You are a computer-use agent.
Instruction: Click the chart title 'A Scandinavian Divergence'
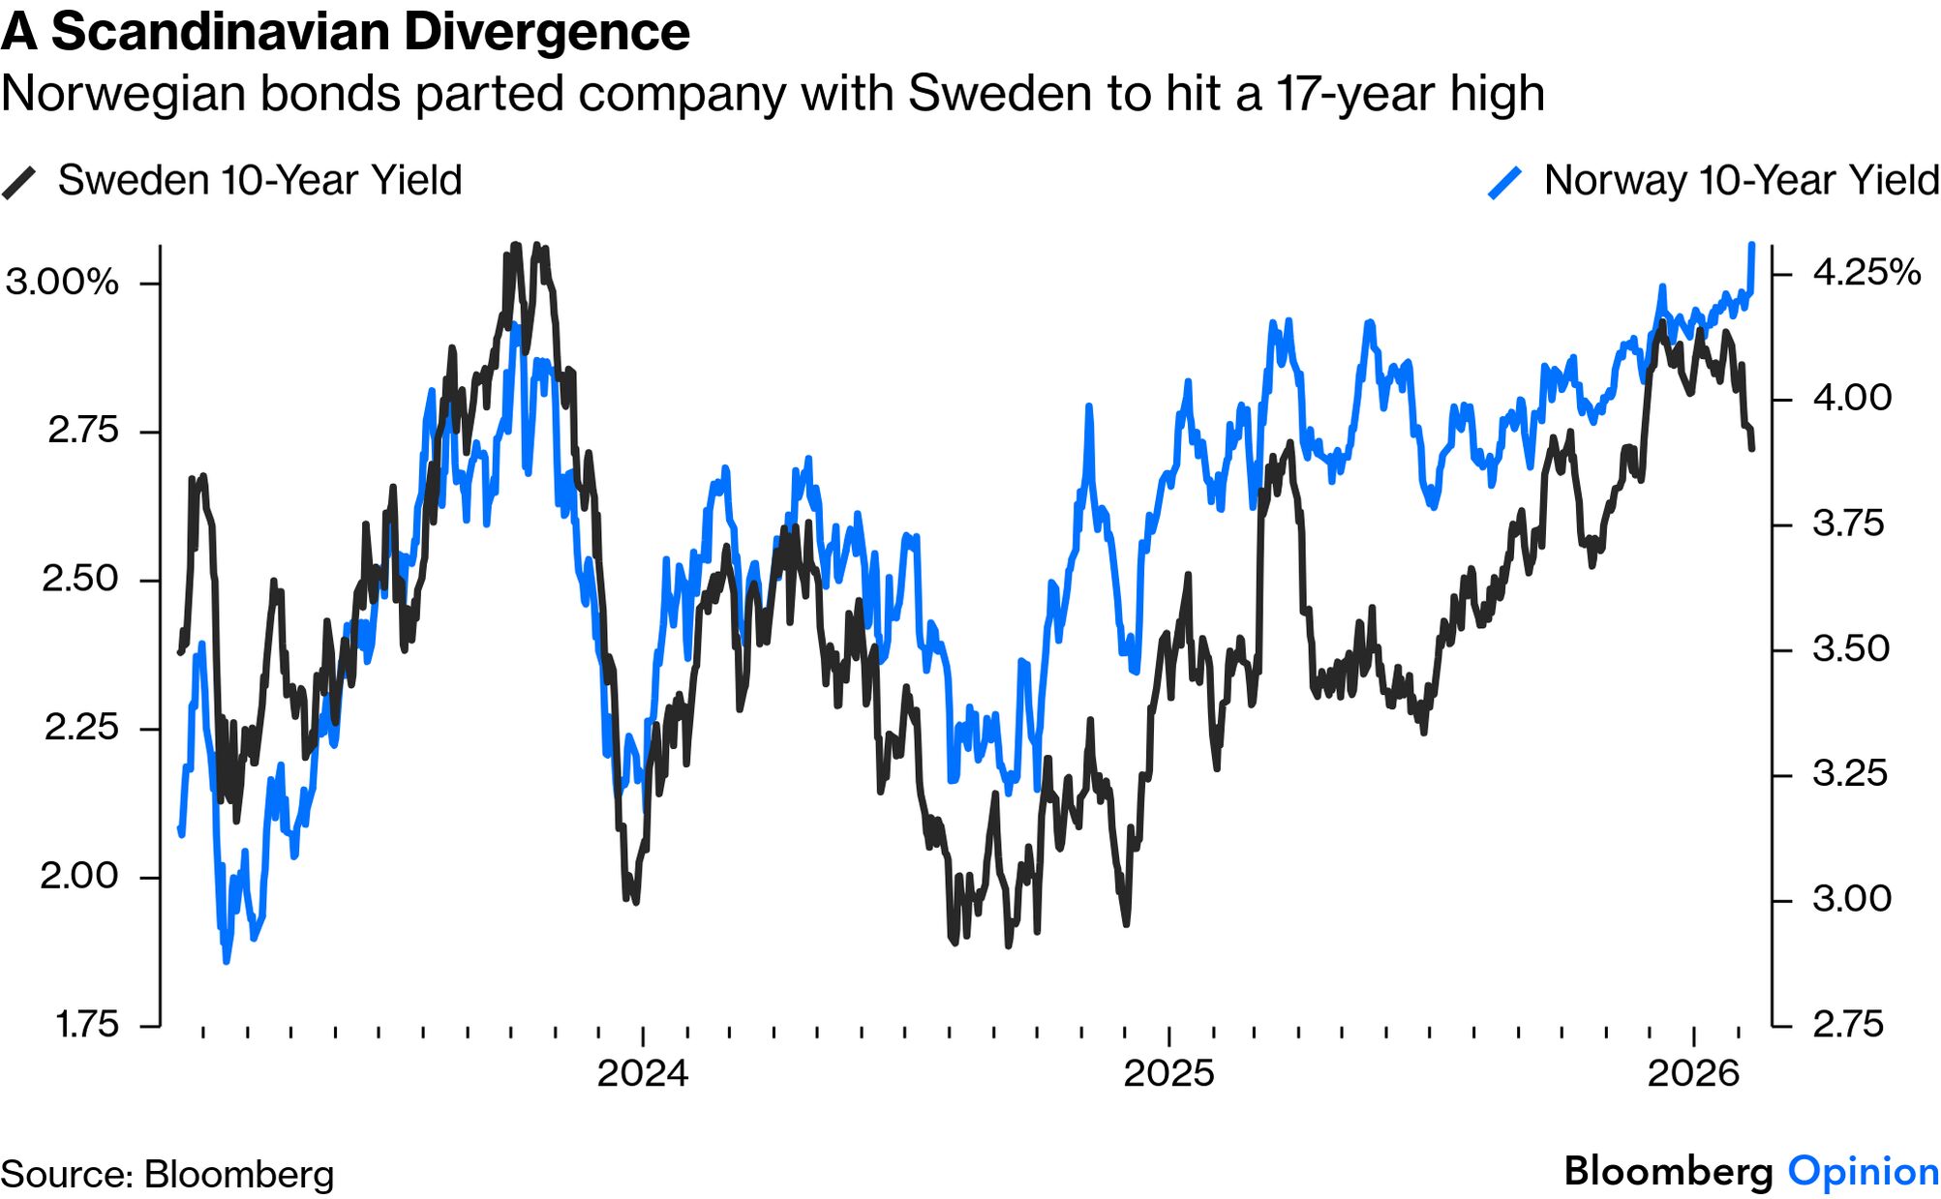[346, 32]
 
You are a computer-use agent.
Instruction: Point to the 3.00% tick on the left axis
[62, 283]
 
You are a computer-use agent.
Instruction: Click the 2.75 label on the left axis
[83, 431]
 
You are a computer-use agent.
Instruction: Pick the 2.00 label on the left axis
[79, 877]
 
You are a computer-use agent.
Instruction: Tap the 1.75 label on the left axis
[86, 1025]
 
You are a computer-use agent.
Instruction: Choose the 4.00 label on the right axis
[1852, 399]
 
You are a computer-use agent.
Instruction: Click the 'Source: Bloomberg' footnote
[167, 1175]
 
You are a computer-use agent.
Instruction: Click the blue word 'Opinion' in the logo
[1863, 1172]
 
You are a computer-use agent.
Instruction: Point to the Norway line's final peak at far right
[1752, 246]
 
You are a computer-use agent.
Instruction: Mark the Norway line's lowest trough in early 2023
[227, 961]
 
